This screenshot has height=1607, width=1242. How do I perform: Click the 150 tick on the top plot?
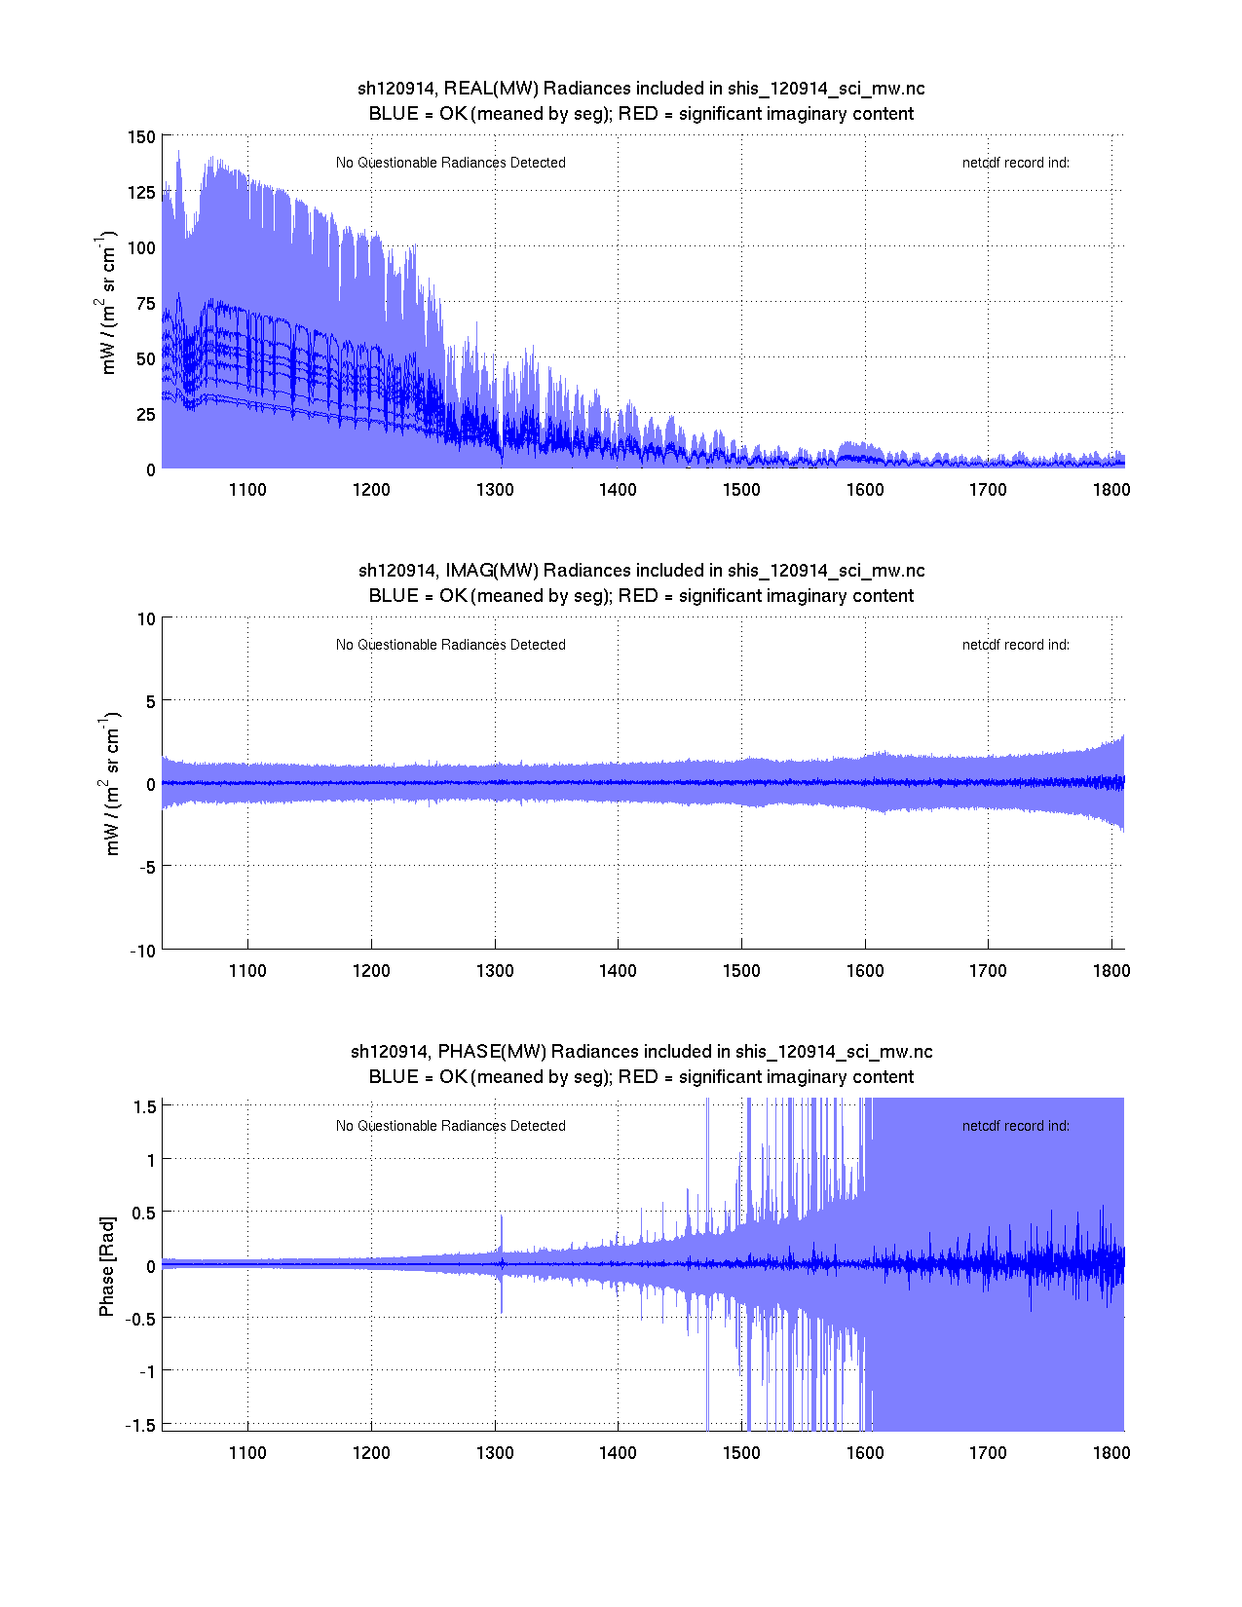(141, 137)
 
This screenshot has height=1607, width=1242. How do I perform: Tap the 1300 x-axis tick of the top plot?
(495, 490)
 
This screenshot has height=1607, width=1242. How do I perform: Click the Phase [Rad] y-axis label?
(107, 1266)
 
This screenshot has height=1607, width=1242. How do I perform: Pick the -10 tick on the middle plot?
(143, 952)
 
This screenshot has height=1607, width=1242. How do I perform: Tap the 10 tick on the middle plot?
(146, 619)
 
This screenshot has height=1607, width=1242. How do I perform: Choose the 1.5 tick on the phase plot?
(145, 1106)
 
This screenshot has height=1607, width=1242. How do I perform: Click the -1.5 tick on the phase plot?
(142, 1425)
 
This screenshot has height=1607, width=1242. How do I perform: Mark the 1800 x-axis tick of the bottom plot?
(1111, 1453)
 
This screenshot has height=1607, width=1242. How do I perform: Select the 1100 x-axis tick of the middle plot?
(247, 971)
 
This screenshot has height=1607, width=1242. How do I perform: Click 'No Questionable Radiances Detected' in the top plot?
(451, 163)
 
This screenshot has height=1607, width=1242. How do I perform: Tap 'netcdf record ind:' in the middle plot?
(1016, 645)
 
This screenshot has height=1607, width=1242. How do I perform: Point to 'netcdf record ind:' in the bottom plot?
(1016, 1126)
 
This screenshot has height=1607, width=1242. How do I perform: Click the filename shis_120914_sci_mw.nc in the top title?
(826, 89)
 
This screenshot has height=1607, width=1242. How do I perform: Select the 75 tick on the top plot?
(145, 304)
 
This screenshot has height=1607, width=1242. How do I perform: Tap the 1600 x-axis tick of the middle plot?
(865, 971)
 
